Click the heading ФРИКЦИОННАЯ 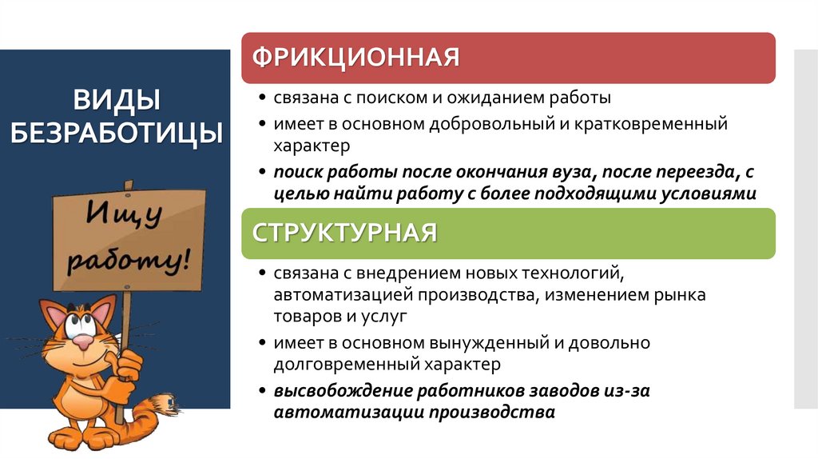pyautogui.click(x=356, y=58)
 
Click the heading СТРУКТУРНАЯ pyautogui.click(x=345, y=233)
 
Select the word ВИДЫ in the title pyautogui.click(x=117, y=101)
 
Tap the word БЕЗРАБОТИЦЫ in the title pyautogui.click(x=117, y=132)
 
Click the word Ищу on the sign pyautogui.click(x=125, y=214)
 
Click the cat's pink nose pyautogui.click(x=82, y=341)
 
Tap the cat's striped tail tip pyautogui.click(x=165, y=401)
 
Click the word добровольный pyautogui.click(x=482, y=125)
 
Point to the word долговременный pyautogui.click(x=344, y=365)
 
